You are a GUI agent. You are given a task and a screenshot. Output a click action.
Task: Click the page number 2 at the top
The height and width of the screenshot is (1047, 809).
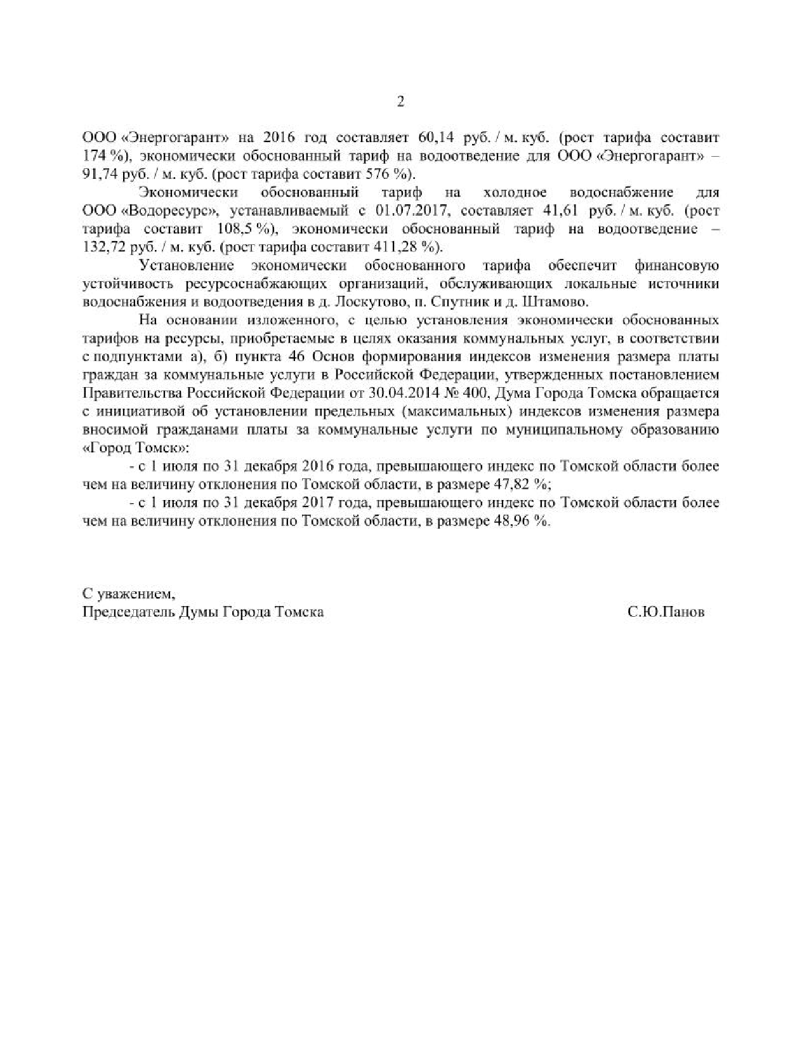[x=400, y=102]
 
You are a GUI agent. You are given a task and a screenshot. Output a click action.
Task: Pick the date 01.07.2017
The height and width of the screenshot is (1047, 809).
[x=412, y=210]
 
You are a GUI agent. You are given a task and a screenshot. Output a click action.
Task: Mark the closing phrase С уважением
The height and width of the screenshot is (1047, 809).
[x=128, y=594]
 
